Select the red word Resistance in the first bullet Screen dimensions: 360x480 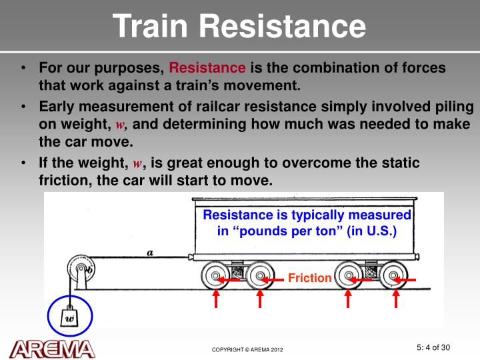pos(207,68)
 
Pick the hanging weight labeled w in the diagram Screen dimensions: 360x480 pos(69,317)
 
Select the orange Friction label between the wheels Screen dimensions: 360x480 pos(309,278)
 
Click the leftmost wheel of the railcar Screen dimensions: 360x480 pos(215,276)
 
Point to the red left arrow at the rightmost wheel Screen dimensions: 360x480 pos(407,281)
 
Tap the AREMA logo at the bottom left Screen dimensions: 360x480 pos(52,348)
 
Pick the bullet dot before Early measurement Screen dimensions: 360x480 pos(23,107)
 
